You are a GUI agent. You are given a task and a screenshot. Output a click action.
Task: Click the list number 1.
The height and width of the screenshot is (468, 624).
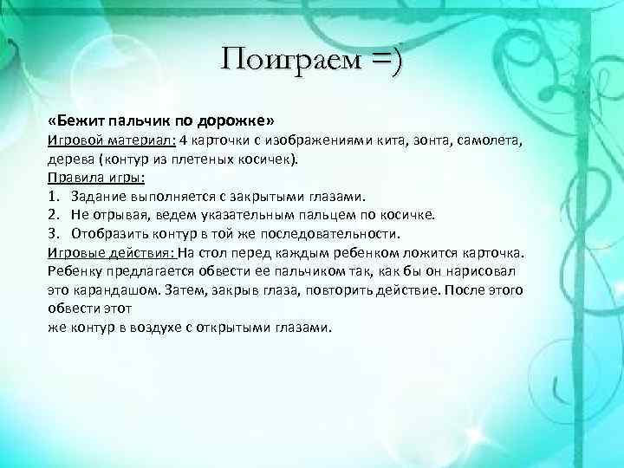pyautogui.click(x=53, y=197)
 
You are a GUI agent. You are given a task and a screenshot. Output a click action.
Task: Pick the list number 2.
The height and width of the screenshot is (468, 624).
pyautogui.click(x=53, y=215)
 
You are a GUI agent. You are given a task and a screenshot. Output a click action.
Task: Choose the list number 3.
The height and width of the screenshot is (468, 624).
pyautogui.click(x=53, y=234)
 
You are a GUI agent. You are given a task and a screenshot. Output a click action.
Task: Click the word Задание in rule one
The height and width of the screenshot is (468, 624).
pyautogui.click(x=100, y=197)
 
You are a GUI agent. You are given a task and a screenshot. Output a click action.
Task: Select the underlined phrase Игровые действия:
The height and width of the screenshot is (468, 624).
pyautogui.click(x=111, y=253)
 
